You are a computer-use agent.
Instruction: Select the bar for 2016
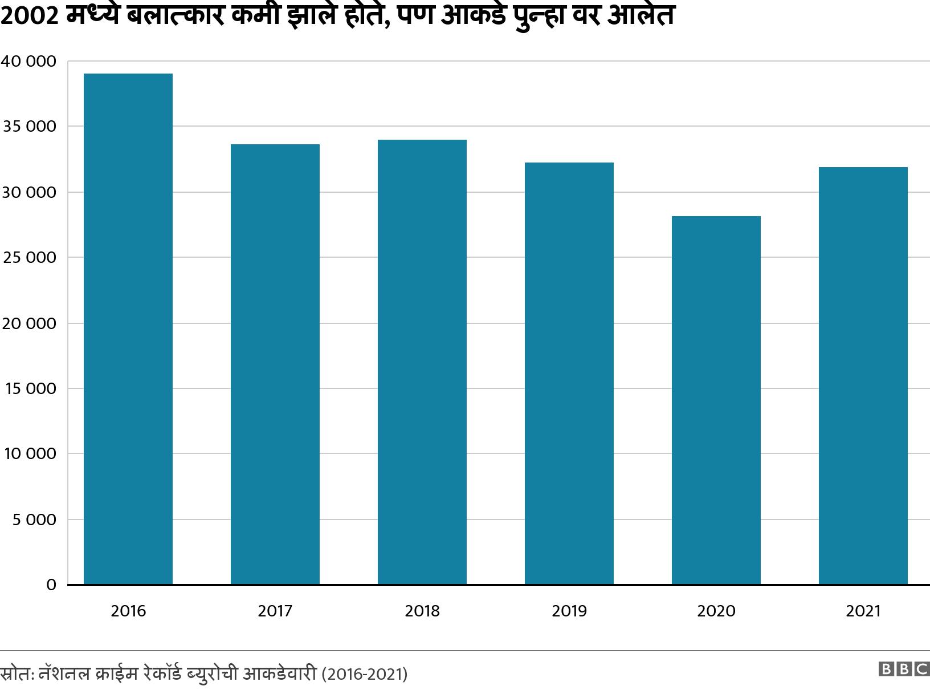[x=128, y=329]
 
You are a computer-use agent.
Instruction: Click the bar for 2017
[x=275, y=364]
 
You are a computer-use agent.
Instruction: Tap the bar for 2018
[x=422, y=362]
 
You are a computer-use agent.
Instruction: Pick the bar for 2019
[x=569, y=374]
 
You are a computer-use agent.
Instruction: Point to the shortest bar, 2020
[x=716, y=400]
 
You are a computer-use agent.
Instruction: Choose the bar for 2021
[x=863, y=376]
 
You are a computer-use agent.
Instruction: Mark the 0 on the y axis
[x=51, y=585]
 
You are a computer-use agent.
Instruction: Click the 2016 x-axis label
[x=128, y=611]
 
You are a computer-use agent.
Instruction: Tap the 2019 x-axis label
[x=569, y=611]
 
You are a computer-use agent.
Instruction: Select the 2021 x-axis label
[x=863, y=611]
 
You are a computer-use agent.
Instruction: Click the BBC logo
[x=904, y=669]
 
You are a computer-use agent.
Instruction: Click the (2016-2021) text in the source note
[x=365, y=675]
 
